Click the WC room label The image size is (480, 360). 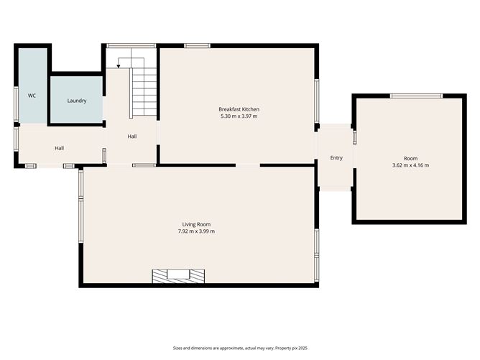coord(32,96)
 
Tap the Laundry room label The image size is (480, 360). coord(77,101)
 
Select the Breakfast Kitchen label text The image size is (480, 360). coord(239,109)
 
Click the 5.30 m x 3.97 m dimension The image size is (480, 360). coord(239,116)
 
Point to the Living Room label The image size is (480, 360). coord(196,224)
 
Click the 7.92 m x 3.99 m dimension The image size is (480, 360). coord(196,231)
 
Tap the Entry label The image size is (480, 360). coord(336,158)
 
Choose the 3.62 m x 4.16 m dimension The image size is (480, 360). coord(410,165)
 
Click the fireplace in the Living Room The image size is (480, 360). coord(178,276)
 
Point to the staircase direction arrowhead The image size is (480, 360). coord(119,66)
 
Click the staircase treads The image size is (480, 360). coord(144,92)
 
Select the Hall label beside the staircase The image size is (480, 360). coord(132,137)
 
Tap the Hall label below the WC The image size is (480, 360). coord(60,148)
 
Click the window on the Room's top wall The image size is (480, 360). coord(416,96)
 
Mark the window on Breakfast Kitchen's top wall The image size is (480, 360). coord(197,45)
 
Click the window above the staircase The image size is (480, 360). coord(131,45)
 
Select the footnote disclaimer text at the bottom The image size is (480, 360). coord(240,348)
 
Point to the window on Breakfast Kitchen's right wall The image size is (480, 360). coord(317,101)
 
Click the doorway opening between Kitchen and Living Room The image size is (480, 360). coord(248,165)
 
